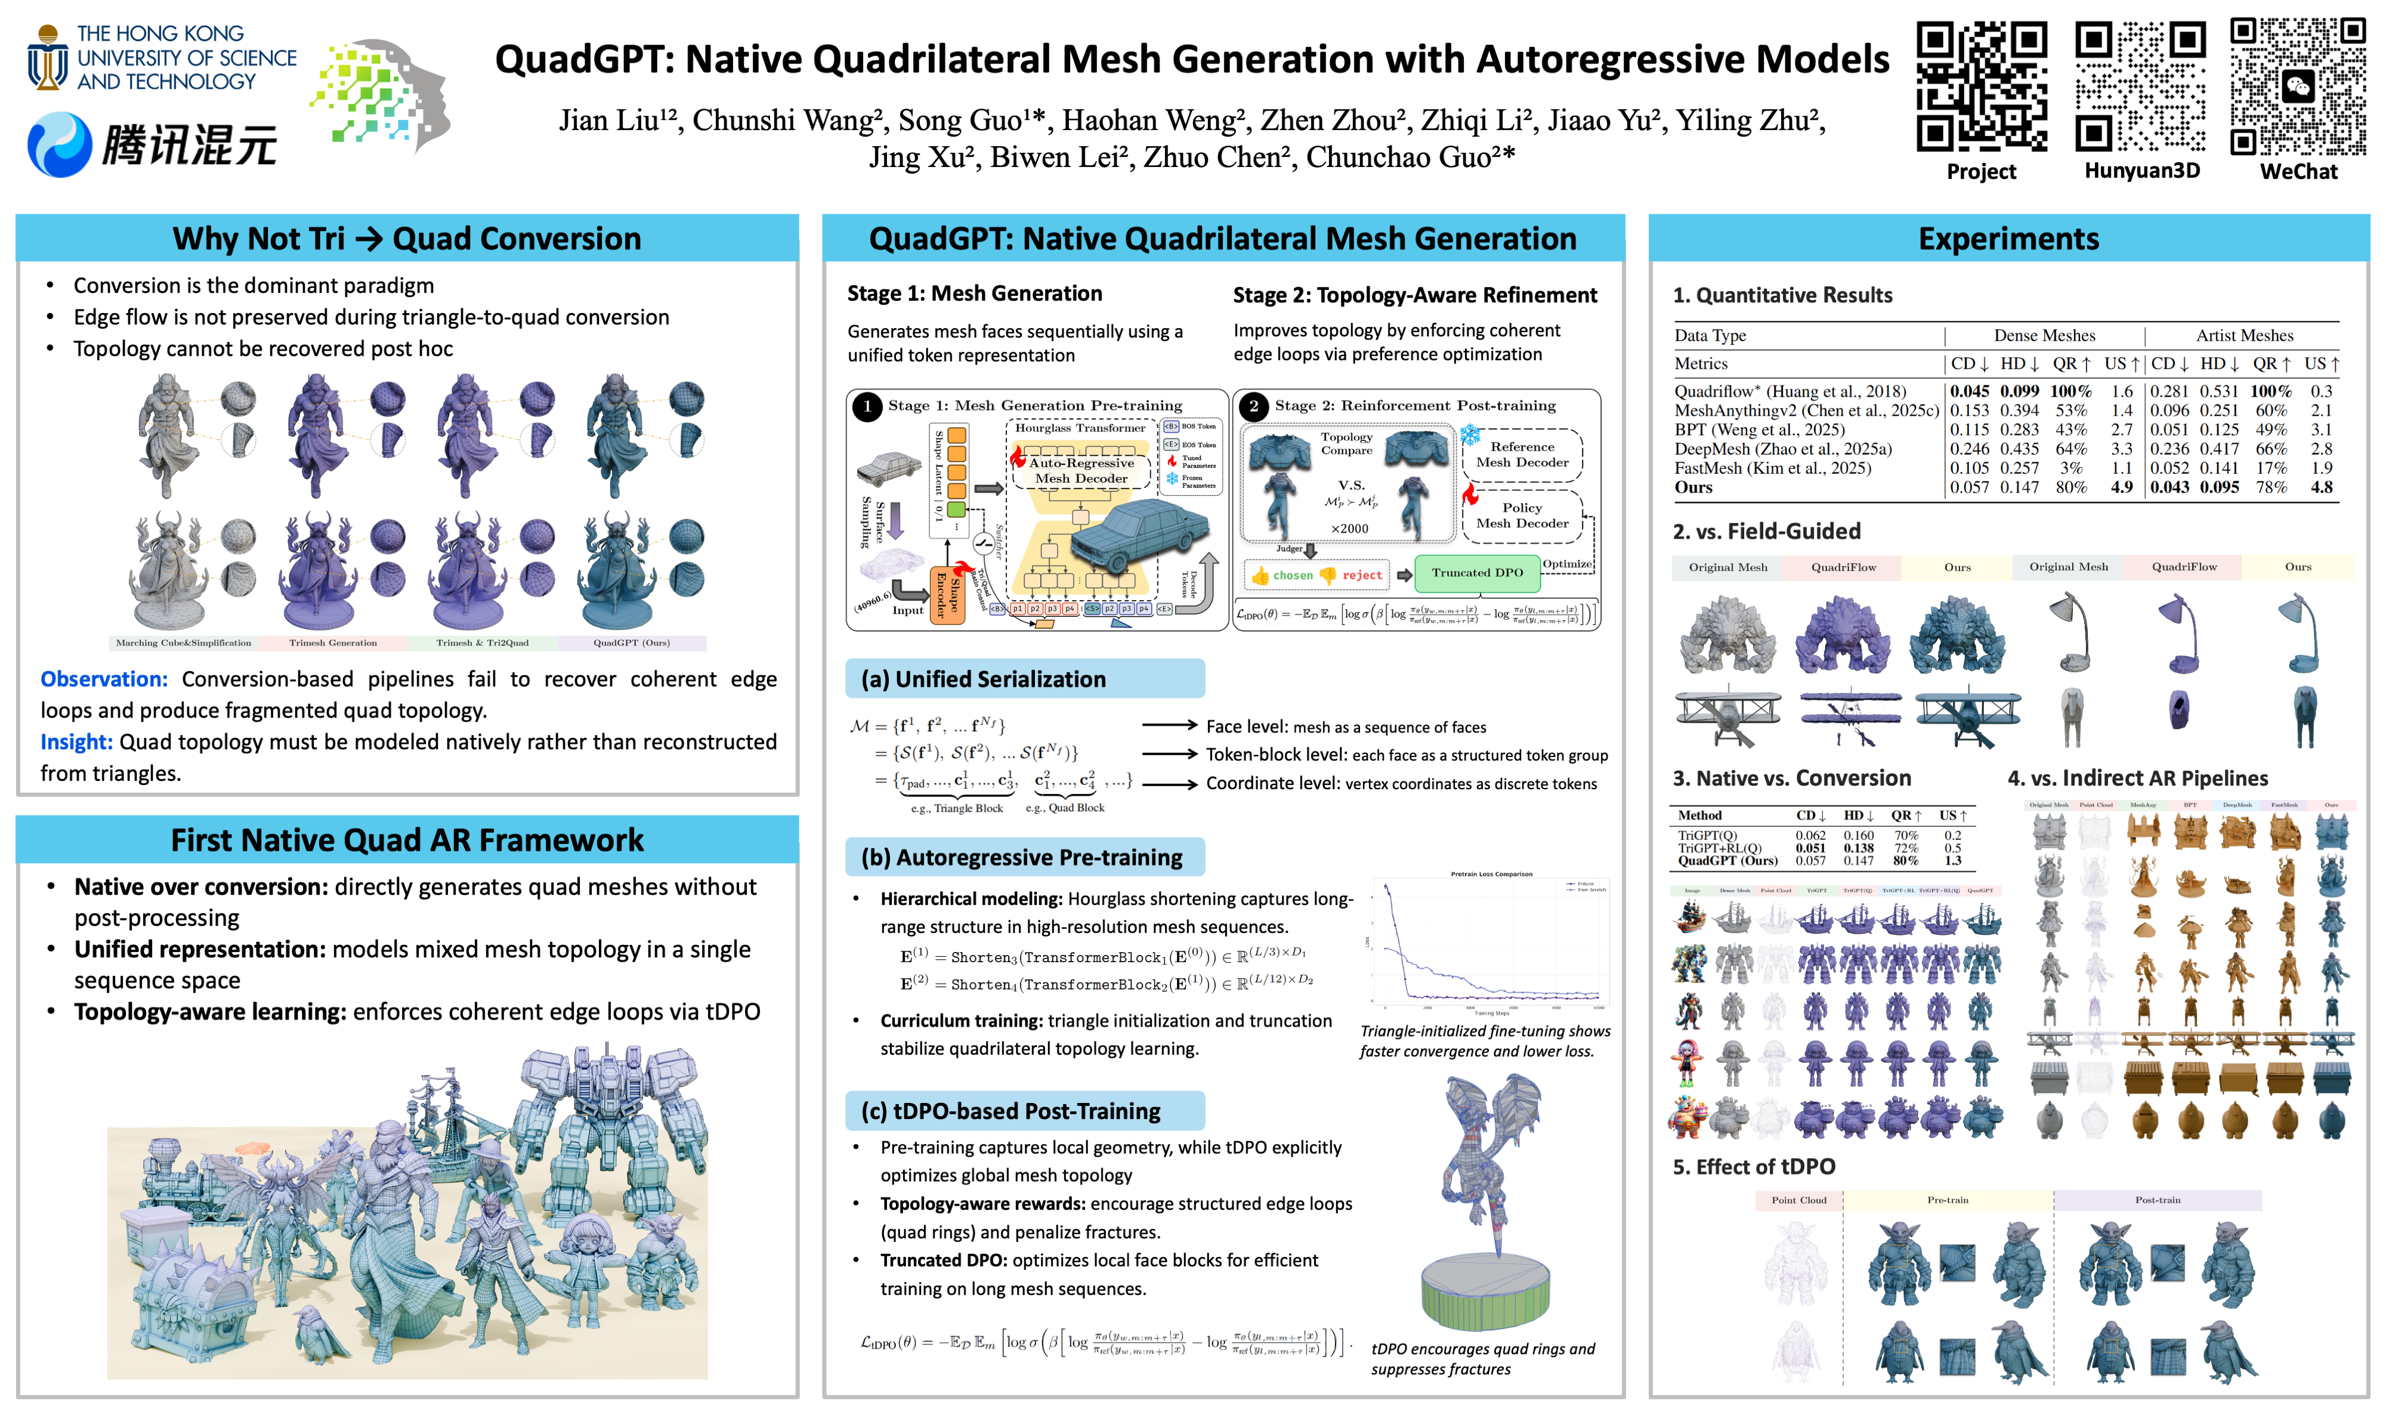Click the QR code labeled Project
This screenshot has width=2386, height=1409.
[1980, 86]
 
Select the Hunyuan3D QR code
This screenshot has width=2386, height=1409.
[2140, 86]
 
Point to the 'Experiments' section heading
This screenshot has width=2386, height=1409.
[2008, 239]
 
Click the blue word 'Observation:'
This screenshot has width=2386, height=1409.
[103, 679]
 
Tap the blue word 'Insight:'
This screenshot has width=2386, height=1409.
[76, 741]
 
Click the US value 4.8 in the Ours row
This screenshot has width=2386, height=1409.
[2322, 487]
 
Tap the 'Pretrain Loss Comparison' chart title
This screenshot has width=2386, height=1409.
[1491, 873]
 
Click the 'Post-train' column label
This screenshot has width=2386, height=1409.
[2157, 1200]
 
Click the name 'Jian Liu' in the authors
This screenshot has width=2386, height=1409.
[608, 120]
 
